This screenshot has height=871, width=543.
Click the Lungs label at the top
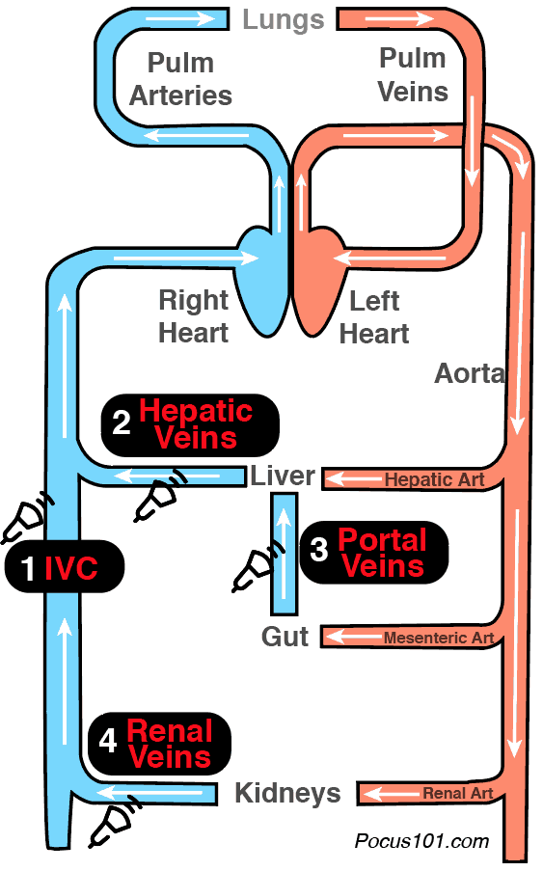coord(284,20)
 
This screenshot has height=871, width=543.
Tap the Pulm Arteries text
coord(180,79)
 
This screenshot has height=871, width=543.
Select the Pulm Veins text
coord(413,74)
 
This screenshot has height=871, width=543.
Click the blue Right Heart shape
coord(261,284)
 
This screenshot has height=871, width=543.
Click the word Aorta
coord(470,373)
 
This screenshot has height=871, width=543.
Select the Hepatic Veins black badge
coord(190,425)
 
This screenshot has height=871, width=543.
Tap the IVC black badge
coord(65,566)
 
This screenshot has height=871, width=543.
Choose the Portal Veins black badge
coord(373,552)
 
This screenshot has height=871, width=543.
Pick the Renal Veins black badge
coord(159,744)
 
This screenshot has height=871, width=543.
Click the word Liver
coord(283,476)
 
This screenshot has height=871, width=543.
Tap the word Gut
coord(285,637)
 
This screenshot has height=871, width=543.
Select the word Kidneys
coord(287,793)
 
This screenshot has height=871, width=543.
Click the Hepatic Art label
coord(434,479)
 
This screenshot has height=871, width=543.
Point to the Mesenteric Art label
coord(439,638)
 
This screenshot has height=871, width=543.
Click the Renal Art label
coord(457,793)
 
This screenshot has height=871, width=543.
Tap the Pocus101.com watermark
coord(422,841)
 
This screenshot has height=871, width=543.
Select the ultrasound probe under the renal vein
coord(114,822)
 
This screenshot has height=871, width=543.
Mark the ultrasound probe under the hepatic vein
coord(160,496)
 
